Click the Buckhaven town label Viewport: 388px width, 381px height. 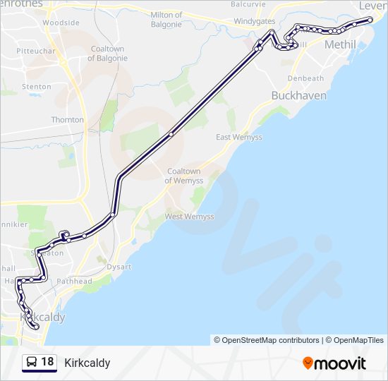(x=299, y=95)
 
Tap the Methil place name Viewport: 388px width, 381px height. (x=340, y=44)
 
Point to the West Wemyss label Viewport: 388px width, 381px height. (x=190, y=217)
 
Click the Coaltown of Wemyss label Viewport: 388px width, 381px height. (x=183, y=176)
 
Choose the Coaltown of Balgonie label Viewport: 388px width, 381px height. (x=108, y=53)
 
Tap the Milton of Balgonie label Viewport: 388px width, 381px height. (x=166, y=19)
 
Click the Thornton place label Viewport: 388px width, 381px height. (x=67, y=120)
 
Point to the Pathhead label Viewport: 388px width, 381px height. (x=74, y=281)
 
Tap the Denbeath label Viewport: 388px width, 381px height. (x=305, y=78)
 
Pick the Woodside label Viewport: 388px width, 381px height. (x=61, y=23)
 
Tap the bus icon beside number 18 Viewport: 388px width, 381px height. (x=31, y=363)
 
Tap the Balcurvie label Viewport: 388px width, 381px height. (x=248, y=4)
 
